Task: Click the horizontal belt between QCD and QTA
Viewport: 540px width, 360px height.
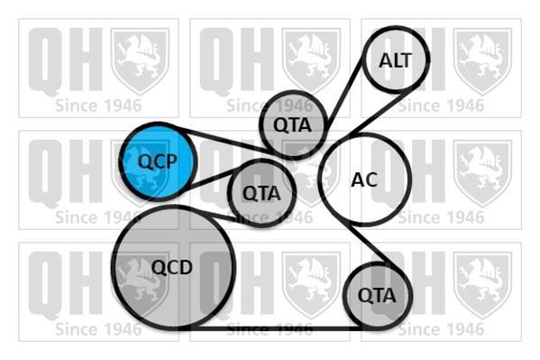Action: coord(272,328)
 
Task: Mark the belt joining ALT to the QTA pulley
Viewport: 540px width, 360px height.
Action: coord(344,93)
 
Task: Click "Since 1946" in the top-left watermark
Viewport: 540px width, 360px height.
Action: coord(98,106)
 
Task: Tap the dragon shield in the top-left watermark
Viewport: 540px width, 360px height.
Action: coord(140,61)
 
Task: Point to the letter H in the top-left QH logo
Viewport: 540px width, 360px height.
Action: coord(84,60)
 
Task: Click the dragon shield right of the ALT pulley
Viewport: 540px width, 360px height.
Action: coord(482,61)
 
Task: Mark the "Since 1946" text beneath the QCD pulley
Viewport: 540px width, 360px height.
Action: coord(98,329)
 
